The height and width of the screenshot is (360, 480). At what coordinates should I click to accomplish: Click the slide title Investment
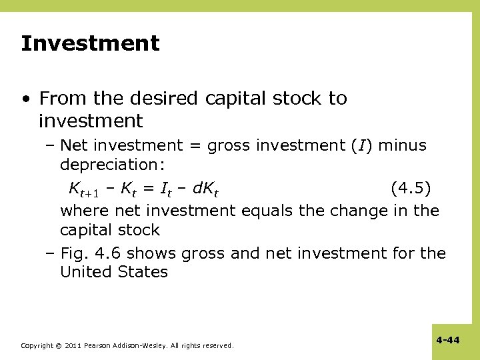pos(90,44)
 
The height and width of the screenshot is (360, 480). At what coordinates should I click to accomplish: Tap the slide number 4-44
pos(448,340)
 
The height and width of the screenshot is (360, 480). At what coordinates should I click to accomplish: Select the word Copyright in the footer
pos(37,346)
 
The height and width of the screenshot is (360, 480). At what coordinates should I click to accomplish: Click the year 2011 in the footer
pos(73,346)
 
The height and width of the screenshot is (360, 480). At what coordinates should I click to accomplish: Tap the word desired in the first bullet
pos(167,99)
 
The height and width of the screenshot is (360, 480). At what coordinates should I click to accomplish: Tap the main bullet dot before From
pos(25,99)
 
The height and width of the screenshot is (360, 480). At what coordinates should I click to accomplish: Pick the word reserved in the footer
pos(217,346)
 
